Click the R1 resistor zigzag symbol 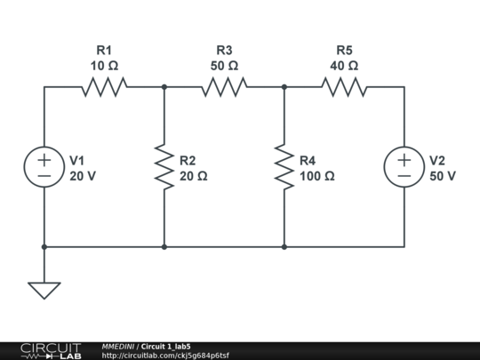[104, 87]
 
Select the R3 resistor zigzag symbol [224, 87]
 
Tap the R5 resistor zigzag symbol [344, 87]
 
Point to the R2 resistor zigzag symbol [164, 167]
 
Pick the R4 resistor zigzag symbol [284, 167]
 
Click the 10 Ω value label [104, 66]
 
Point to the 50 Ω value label [224, 66]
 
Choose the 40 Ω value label [344, 66]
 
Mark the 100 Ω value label [316, 176]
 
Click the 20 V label [83, 176]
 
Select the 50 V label [443, 176]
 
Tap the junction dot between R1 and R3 [164, 87]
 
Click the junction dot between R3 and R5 [284, 87]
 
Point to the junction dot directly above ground [44, 247]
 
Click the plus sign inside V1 [44, 160]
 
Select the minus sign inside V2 [404, 176]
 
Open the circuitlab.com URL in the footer [165, 356]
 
